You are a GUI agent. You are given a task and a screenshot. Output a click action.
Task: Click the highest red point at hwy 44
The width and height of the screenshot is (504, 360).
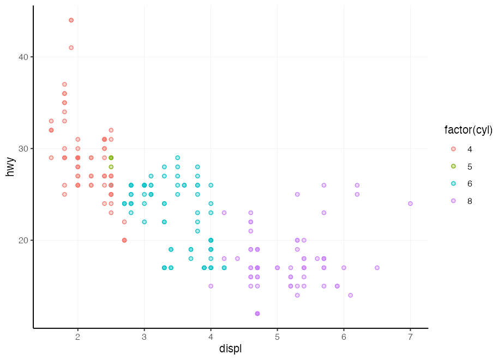tap(71, 20)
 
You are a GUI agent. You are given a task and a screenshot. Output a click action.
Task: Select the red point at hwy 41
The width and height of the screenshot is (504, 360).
tap(71, 47)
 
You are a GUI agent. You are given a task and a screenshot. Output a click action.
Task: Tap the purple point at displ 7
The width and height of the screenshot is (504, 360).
tap(410, 203)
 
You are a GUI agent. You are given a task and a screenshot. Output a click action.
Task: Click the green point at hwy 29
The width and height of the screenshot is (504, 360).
tap(111, 158)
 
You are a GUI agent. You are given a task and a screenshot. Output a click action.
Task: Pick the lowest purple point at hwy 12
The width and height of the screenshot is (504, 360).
tap(257, 314)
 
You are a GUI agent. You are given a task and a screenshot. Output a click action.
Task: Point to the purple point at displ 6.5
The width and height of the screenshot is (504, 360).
tap(377, 268)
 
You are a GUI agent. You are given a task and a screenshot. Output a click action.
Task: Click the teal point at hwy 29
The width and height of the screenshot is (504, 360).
tap(177, 158)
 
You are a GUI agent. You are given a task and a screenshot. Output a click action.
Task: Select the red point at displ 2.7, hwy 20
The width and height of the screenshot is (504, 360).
tap(124, 240)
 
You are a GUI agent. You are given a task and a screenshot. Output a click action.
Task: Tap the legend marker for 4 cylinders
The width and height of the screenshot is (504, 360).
tap(453, 149)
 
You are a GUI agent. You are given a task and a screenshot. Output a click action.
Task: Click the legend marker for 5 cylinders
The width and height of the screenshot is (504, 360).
tap(453, 166)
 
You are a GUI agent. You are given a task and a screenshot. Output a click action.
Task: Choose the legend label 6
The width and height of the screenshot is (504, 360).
tap(470, 184)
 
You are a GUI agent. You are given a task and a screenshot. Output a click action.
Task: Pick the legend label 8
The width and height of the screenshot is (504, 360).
tap(470, 201)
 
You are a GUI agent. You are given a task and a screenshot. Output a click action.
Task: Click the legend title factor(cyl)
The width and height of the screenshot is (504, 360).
tap(468, 130)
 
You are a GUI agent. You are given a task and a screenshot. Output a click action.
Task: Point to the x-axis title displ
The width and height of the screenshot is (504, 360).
tap(230, 349)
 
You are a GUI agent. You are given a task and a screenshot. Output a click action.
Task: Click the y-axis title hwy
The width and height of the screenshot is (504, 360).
tap(10, 166)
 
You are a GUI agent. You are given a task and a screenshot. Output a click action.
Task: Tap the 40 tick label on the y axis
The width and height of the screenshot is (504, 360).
tap(22, 57)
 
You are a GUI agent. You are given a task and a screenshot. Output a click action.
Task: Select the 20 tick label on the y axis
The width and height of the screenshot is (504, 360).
tap(22, 241)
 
